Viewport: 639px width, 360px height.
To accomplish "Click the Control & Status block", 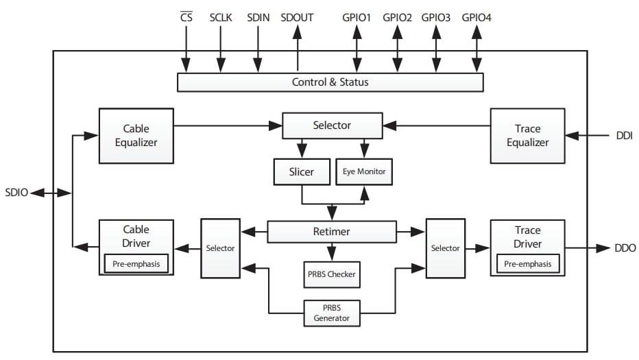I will [x=330, y=82].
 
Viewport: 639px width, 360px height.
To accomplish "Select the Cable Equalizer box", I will [x=136, y=135].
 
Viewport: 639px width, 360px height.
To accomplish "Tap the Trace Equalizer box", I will [x=527, y=135].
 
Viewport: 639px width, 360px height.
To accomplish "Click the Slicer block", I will [x=301, y=171].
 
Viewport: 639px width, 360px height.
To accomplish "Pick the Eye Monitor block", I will [x=364, y=171].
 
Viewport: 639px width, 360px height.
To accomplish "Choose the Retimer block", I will [x=331, y=231].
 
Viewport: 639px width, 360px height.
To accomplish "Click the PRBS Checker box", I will [x=331, y=274].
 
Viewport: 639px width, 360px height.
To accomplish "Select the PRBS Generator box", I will [x=332, y=313].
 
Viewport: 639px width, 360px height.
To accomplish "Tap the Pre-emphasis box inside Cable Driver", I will [x=136, y=263].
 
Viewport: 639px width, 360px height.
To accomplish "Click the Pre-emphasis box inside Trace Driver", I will [x=527, y=263].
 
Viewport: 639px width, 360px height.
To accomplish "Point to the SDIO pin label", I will [x=16, y=193].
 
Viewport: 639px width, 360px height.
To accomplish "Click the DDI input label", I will [x=623, y=136].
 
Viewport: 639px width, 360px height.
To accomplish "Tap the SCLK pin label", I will [x=221, y=17].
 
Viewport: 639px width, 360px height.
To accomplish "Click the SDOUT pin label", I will [x=297, y=17].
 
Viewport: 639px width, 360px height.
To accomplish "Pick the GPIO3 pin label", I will [x=436, y=17].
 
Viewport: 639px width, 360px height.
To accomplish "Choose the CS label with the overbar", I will [x=186, y=17].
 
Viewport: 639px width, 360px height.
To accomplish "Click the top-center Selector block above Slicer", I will [x=332, y=125].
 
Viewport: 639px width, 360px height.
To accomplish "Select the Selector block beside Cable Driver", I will [x=220, y=248].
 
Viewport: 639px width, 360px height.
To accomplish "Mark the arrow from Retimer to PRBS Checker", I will [x=332, y=252].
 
